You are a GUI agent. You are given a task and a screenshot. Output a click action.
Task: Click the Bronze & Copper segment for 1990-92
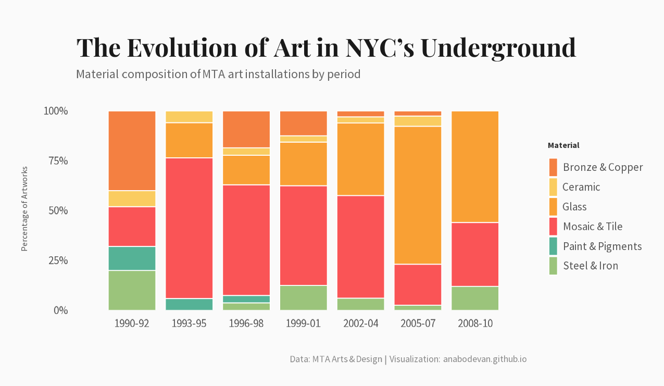[x=132, y=151]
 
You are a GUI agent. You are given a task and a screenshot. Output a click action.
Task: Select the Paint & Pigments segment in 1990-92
[x=132, y=258]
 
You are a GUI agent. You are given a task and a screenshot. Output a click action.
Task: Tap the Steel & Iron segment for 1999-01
[x=304, y=297]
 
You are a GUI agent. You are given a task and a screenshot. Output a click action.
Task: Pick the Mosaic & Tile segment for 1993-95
[x=189, y=228]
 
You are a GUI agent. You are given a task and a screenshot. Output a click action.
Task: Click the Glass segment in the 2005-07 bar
[x=418, y=195]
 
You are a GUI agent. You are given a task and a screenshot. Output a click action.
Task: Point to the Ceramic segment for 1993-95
[x=189, y=117]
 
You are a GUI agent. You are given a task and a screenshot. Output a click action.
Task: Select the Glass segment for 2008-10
[x=475, y=167]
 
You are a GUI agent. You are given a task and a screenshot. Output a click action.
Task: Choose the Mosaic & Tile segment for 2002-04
[x=361, y=246]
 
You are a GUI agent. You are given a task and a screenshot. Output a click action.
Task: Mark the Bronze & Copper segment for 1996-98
[x=246, y=129]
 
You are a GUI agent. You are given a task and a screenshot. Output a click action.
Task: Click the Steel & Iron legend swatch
[x=553, y=266]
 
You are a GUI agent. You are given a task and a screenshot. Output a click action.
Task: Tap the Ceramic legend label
[x=581, y=187]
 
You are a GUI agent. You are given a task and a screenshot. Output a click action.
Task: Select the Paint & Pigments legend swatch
[x=553, y=246]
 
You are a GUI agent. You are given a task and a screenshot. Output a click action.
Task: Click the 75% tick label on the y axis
[x=56, y=161]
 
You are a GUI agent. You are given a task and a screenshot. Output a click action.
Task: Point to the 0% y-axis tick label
[x=60, y=310]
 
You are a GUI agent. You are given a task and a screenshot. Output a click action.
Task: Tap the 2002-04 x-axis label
[x=361, y=323]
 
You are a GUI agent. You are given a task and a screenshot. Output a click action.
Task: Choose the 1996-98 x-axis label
[x=246, y=323]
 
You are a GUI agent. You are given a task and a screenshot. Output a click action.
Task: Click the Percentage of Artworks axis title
[x=24, y=209]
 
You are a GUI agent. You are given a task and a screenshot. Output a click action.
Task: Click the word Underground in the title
[x=499, y=47]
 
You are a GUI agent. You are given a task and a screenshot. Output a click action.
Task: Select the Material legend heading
[x=563, y=145]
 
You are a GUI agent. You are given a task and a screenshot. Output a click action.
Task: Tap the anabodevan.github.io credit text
[x=485, y=359]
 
